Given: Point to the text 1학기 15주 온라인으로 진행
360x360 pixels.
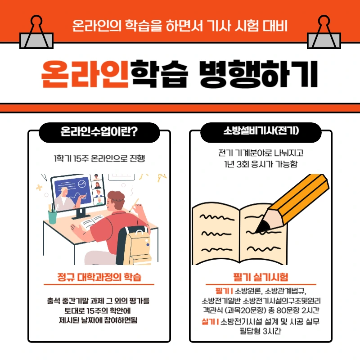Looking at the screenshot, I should (x=99, y=158).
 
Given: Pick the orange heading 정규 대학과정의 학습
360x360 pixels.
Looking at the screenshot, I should (x=99, y=276).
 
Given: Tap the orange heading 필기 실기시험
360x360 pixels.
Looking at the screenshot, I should (x=261, y=276).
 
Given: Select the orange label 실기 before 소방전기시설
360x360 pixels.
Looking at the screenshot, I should (x=209, y=322).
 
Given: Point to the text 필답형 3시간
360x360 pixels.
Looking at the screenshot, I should (x=261, y=332).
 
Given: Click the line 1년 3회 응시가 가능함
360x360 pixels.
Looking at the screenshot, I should (x=261, y=164).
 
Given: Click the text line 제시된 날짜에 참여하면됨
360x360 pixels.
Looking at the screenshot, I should (x=99, y=320).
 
